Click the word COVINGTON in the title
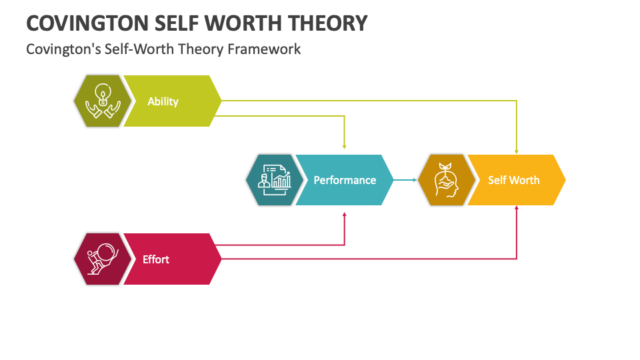click(88, 23)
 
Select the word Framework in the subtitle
click(264, 49)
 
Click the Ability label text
click(163, 101)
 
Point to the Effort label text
click(156, 259)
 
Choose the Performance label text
click(345, 181)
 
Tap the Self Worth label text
click(514, 181)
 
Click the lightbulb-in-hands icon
click(103, 101)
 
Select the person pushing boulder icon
click(103, 259)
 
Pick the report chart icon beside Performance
click(275, 180)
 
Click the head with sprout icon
click(447, 180)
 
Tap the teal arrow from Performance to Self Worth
click(405, 180)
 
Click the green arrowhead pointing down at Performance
click(345, 147)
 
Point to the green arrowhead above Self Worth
click(517, 151)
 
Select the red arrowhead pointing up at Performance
click(345, 215)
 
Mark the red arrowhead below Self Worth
click(517, 208)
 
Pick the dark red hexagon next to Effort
click(103, 259)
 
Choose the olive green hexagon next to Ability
click(103, 101)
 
